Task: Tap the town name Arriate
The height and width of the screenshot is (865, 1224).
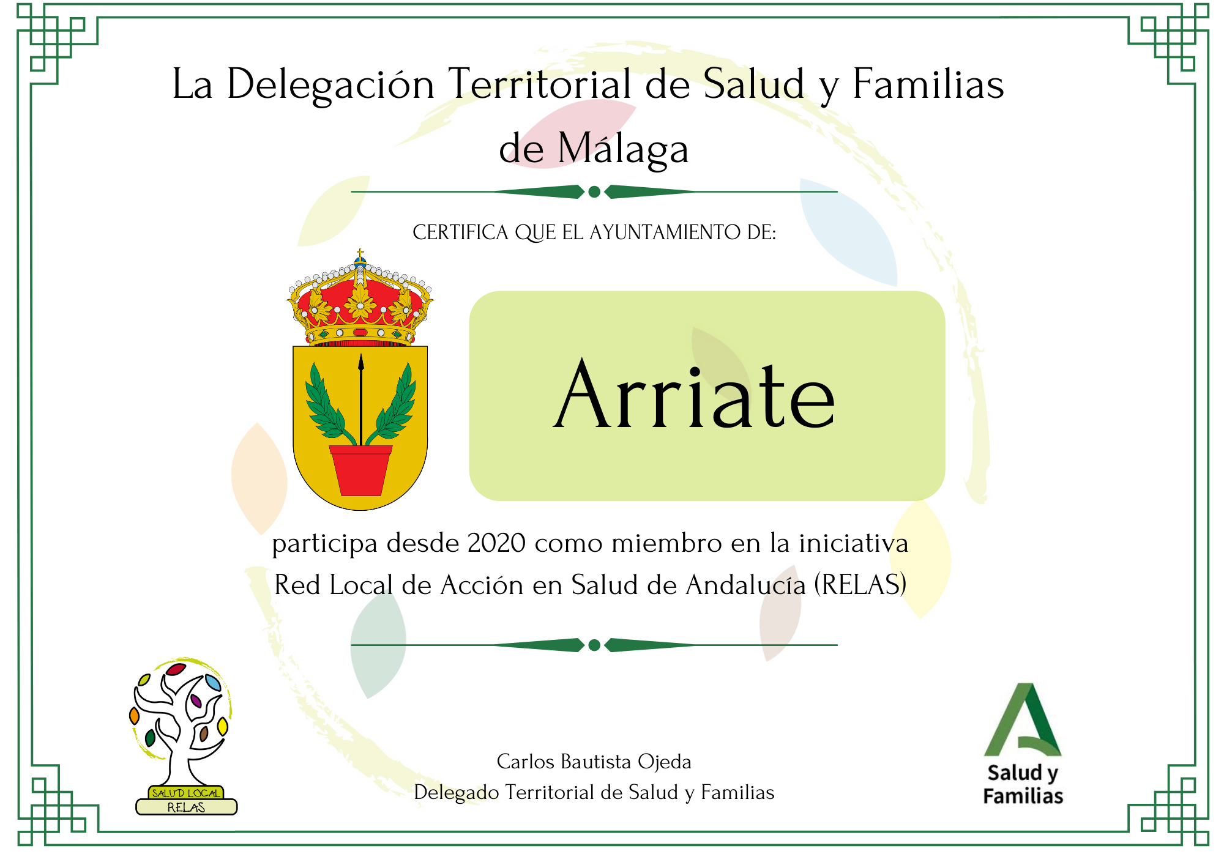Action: point(694,395)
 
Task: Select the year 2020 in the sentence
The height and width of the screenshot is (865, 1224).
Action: point(496,543)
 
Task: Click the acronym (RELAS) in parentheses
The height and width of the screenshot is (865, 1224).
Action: point(860,584)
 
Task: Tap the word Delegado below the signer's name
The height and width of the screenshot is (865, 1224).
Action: point(456,792)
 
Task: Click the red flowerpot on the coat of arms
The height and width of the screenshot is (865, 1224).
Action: point(360,470)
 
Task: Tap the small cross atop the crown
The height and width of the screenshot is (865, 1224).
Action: point(360,254)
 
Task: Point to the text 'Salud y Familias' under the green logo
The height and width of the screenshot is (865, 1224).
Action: point(1023,784)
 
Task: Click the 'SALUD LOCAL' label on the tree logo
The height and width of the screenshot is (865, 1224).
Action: point(186,793)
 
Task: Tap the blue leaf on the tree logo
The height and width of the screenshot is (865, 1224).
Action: point(213,682)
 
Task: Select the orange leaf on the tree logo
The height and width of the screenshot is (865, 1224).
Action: point(135,715)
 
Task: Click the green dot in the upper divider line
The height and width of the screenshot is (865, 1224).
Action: point(594,192)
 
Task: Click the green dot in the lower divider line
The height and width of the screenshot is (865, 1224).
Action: point(594,645)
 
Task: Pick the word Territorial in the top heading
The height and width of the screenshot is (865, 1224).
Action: point(540,84)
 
